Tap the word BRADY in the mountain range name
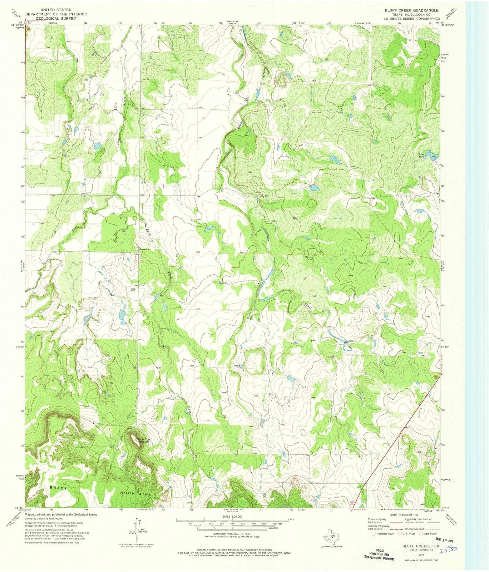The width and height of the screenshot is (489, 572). point(59,488)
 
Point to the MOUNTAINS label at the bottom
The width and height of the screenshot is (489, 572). point(136,494)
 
